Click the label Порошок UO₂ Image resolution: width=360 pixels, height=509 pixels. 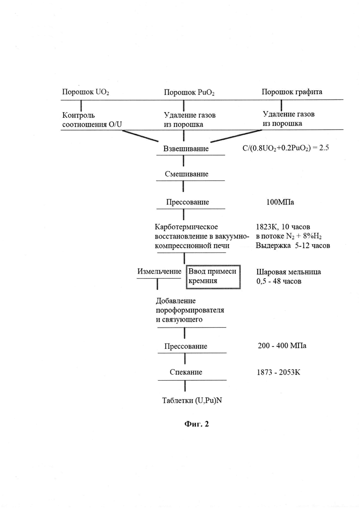[x=85, y=92]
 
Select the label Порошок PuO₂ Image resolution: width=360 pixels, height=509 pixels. [x=189, y=93]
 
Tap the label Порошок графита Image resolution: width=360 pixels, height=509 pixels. [x=292, y=92]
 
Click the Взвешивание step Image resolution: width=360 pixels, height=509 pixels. [x=186, y=149]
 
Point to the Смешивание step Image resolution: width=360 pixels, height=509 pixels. [x=186, y=174]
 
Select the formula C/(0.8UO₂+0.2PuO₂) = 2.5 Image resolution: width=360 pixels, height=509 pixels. [x=286, y=148]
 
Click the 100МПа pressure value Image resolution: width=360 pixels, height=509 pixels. [x=280, y=202]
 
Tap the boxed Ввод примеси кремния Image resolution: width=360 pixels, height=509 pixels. [x=213, y=276]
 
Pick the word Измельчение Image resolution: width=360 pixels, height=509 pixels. [x=159, y=271]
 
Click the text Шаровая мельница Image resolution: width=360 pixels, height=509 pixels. [x=288, y=272]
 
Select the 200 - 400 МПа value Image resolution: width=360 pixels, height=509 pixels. [x=282, y=346]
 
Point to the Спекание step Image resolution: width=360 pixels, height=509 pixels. [x=186, y=372]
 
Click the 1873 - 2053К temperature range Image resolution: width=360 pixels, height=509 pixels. [x=278, y=372]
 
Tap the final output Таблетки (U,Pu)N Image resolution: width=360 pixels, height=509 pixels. [x=192, y=401]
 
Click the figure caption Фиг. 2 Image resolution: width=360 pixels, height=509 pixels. [x=197, y=424]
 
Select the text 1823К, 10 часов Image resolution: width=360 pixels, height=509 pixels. [x=283, y=227]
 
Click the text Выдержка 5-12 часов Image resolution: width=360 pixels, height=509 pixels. [x=293, y=246]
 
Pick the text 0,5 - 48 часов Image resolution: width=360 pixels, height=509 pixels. [x=279, y=281]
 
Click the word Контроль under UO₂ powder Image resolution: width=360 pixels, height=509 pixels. [x=78, y=115]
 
